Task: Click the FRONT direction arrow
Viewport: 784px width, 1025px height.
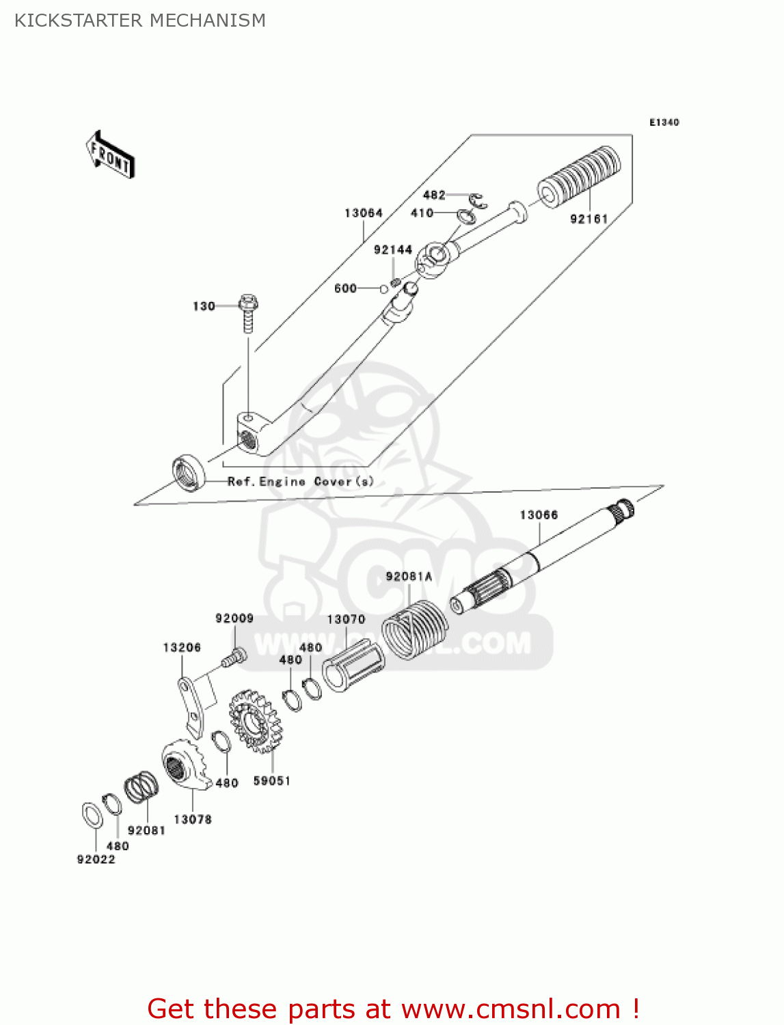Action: click(110, 156)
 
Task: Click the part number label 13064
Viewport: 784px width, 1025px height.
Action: click(363, 213)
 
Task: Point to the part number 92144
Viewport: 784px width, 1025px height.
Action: click(392, 250)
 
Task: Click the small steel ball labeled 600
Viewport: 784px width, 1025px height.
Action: click(384, 288)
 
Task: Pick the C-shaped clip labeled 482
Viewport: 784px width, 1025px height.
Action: click(478, 201)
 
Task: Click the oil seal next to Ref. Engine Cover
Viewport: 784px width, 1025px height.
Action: click(189, 472)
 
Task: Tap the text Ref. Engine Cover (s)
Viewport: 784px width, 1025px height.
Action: click(301, 482)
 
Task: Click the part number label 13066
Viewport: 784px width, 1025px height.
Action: click(539, 515)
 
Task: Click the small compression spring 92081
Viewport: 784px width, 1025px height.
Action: click(142, 787)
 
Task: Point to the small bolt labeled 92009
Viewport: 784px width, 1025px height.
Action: click(233, 657)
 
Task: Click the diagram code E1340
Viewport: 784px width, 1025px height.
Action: click(664, 122)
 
